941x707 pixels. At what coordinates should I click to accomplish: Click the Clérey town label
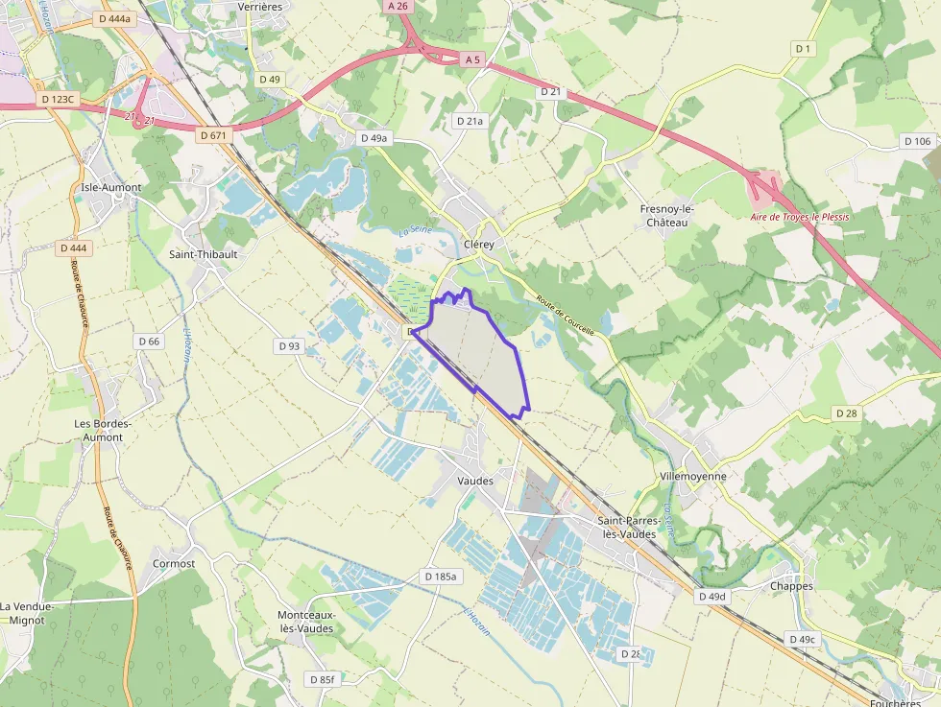coord(478,245)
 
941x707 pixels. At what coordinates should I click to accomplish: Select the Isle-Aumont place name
coord(111,187)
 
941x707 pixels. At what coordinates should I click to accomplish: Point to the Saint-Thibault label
coord(203,254)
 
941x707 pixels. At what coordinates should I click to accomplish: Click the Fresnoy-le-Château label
coord(666,216)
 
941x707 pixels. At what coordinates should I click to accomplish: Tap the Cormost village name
coord(174,563)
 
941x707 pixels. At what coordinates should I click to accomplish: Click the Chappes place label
coord(791,586)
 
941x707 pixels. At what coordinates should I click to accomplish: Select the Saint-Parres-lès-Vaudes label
coord(626,527)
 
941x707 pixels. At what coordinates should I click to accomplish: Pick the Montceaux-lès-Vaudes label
coord(305,621)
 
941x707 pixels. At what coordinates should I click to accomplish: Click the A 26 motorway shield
coord(398,6)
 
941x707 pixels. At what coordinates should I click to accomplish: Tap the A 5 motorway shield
coord(471,59)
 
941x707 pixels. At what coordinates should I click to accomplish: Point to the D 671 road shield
coord(214,135)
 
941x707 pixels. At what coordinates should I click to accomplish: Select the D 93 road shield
coord(289,345)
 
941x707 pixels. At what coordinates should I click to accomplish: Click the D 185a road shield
coord(441,577)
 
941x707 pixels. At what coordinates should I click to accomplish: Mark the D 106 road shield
coord(918,141)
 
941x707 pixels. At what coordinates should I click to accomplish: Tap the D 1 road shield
coord(803,48)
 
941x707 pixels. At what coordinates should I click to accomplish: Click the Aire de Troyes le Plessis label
coord(800,217)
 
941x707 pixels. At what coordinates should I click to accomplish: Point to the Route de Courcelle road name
coord(566,314)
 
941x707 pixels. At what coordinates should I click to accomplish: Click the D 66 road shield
coord(149,341)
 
